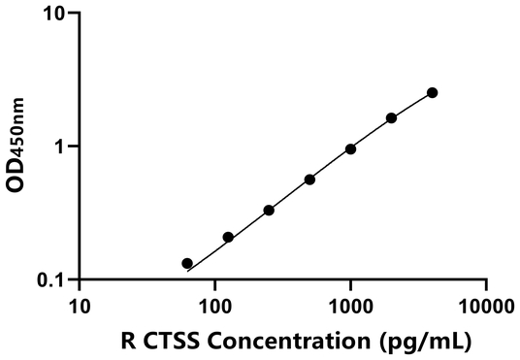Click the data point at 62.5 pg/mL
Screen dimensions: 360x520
(x=187, y=263)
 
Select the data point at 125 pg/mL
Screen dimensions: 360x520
(x=228, y=237)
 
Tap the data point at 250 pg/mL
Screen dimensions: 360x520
(x=269, y=210)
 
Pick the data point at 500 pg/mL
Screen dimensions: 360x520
(x=309, y=180)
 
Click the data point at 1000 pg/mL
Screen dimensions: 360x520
(x=350, y=148)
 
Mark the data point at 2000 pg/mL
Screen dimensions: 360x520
(x=391, y=118)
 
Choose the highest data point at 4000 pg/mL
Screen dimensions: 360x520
(x=432, y=92)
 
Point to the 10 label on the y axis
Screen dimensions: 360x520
(x=55, y=14)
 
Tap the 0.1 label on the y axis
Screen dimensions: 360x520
(x=52, y=279)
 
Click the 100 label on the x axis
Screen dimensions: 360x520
(x=214, y=307)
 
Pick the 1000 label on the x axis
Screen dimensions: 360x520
(x=350, y=307)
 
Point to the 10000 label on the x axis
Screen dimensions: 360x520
(x=485, y=307)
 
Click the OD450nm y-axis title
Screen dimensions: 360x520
(x=16, y=147)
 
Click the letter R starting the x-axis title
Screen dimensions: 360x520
(x=127, y=341)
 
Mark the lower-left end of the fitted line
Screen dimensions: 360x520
(x=186, y=271)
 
